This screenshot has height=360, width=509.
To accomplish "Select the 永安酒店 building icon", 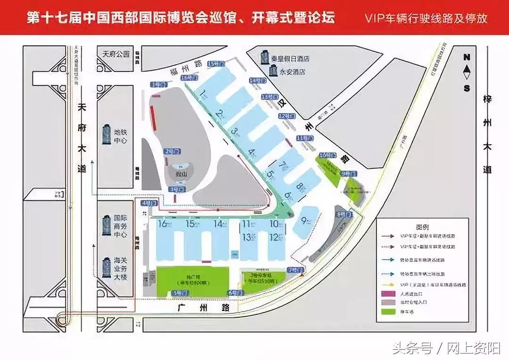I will tap(272, 71).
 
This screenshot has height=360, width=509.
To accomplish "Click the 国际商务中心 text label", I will tap(121, 227).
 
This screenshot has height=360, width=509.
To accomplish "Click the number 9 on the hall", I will tap(304, 220).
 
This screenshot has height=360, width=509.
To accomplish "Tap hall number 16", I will tap(164, 224).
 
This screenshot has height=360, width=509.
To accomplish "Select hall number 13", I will tap(246, 237).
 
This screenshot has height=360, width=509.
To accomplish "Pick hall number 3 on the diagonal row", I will tap(234, 131).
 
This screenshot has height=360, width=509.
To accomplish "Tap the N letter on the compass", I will tap(467, 57).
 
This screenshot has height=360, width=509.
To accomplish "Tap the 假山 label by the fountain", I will tap(178, 173).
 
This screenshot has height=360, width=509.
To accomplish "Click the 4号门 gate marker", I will tap(147, 203).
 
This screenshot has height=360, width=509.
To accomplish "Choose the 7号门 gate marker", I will tap(292, 270).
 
